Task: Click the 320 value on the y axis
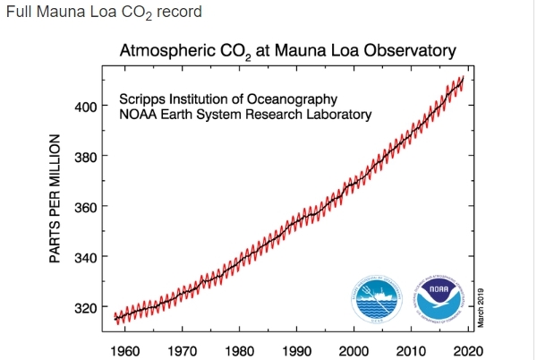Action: click(86, 307)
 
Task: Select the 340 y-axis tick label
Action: click(86, 257)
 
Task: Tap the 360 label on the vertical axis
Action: click(86, 207)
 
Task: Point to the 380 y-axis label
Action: click(86, 157)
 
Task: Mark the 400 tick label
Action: click(86, 107)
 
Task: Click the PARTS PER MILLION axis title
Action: click(55, 199)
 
